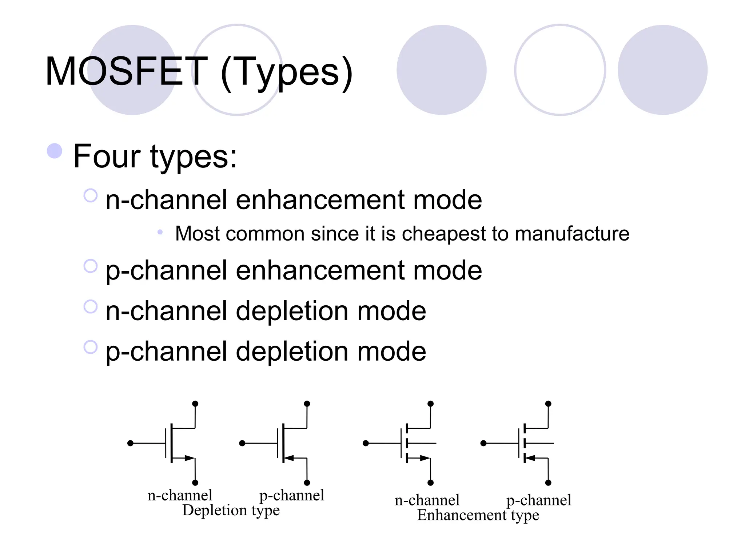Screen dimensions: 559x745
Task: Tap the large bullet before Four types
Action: point(55,151)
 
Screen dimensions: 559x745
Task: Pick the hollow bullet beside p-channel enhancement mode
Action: point(90,266)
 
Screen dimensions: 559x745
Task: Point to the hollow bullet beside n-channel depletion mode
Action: point(90,306)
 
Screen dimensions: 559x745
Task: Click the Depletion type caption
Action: point(231,510)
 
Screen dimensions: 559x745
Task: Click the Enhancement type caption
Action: point(478,515)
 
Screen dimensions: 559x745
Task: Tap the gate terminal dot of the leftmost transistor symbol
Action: point(131,443)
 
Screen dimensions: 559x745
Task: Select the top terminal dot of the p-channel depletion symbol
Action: point(307,404)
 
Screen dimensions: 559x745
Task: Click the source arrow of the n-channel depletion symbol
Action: point(189,458)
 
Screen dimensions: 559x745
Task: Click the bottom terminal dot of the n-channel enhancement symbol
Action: point(431,483)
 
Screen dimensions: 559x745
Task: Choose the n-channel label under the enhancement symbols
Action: point(427,500)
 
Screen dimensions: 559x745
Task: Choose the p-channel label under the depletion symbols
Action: point(291,495)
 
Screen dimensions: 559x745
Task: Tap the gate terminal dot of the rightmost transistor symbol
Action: point(483,443)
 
